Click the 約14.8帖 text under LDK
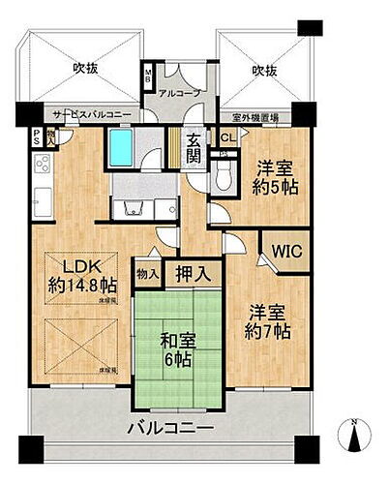point(82,286)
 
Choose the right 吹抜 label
point(264,70)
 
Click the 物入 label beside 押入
point(147,274)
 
